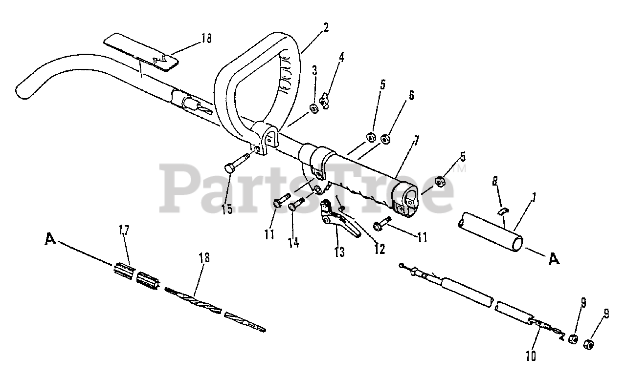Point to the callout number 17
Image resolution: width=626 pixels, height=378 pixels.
point(124,230)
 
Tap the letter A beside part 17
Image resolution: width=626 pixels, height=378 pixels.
point(49,239)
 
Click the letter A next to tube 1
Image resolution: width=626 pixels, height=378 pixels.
point(553,260)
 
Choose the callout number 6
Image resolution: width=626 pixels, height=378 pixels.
point(411,95)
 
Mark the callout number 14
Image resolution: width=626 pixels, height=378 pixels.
point(293,242)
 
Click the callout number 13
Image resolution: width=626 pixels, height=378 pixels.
point(339,252)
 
